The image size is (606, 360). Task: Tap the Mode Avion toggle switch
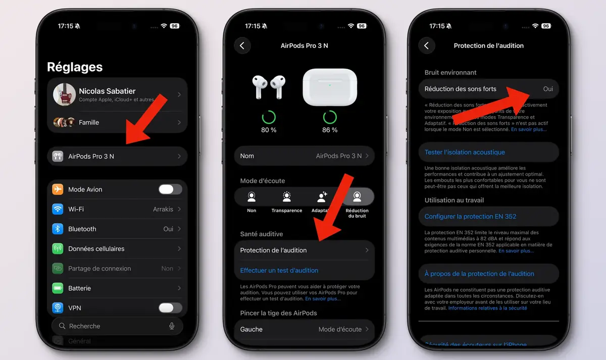(170, 189)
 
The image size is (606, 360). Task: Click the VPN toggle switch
(170, 308)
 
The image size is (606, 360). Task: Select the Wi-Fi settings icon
(58, 209)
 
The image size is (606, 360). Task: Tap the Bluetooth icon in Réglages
(58, 229)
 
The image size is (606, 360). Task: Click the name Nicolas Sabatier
(107, 91)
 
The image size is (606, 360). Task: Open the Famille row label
(89, 122)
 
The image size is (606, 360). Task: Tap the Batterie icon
(58, 288)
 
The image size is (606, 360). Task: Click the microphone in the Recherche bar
(172, 326)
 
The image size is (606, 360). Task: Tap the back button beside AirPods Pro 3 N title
(242, 45)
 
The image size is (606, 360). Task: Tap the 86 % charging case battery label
(330, 130)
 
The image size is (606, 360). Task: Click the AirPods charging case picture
(330, 87)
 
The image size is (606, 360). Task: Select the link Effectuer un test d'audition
(279, 271)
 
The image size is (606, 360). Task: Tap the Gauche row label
(251, 329)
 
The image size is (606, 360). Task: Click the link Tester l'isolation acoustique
(465, 152)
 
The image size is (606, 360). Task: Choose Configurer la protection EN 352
(470, 217)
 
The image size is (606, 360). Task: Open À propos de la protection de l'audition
(479, 274)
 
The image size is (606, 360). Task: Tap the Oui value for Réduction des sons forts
(548, 89)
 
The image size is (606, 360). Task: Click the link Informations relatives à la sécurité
(487, 308)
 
